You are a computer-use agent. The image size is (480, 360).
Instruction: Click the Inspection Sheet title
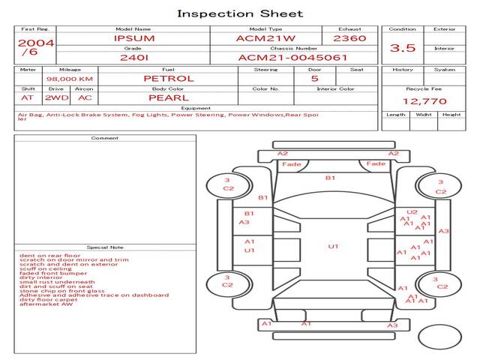click(240, 13)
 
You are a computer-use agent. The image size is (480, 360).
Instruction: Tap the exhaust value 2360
click(349, 38)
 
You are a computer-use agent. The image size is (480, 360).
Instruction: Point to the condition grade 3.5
click(403, 47)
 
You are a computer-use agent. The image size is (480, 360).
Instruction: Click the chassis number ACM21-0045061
click(292, 57)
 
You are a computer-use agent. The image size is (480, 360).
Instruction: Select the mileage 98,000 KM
click(69, 78)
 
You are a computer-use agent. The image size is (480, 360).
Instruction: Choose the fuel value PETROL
click(168, 78)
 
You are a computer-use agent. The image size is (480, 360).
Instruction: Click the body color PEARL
click(168, 97)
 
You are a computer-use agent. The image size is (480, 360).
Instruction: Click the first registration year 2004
click(35, 43)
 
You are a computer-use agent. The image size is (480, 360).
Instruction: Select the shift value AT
click(27, 97)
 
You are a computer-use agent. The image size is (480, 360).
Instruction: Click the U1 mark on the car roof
click(333, 246)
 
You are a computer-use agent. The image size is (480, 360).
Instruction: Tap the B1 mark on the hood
click(330, 178)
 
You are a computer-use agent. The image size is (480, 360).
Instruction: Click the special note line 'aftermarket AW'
click(46, 304)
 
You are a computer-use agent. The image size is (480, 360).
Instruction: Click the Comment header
click(104, 138)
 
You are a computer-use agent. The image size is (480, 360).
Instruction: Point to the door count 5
click(314, 78)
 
